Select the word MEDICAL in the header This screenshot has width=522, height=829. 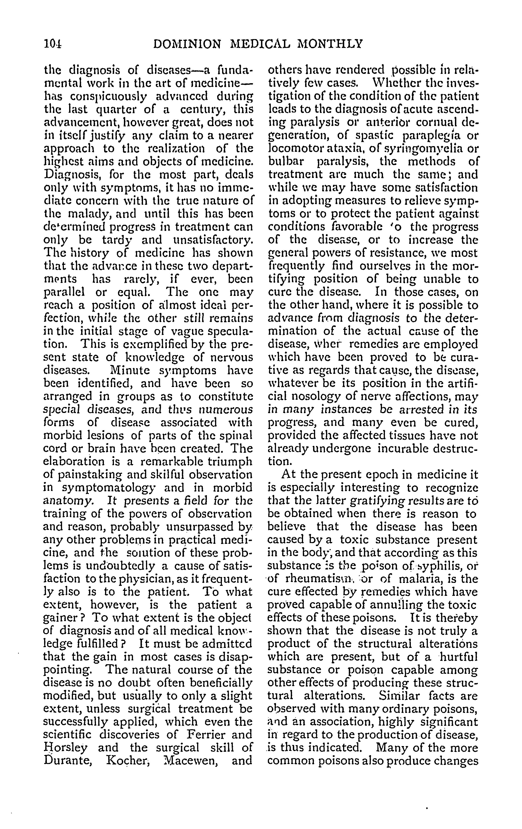[260, 44]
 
